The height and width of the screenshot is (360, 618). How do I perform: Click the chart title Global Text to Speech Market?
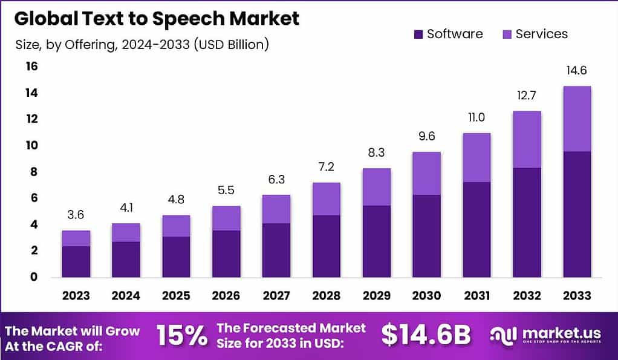coord(157,19)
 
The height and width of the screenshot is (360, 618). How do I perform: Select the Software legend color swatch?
coord(418,34)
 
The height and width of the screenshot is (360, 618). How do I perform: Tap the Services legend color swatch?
coord(506,34)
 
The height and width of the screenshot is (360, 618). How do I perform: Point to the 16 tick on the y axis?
coord(30,67)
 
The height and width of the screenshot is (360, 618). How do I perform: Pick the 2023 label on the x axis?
coord(76,296)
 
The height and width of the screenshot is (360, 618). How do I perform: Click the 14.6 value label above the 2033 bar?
coord(576,71)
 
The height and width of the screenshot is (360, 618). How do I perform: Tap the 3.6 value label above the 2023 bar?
coord(76,215)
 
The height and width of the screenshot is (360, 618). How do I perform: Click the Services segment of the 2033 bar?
coord(576,119)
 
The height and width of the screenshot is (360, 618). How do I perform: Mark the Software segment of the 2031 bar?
coord(477,229)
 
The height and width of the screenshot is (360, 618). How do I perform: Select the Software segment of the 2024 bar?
coord(126,259)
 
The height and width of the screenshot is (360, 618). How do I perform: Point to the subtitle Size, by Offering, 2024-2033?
coord(141,44)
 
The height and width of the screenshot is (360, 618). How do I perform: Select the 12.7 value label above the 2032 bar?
coord(527,96)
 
